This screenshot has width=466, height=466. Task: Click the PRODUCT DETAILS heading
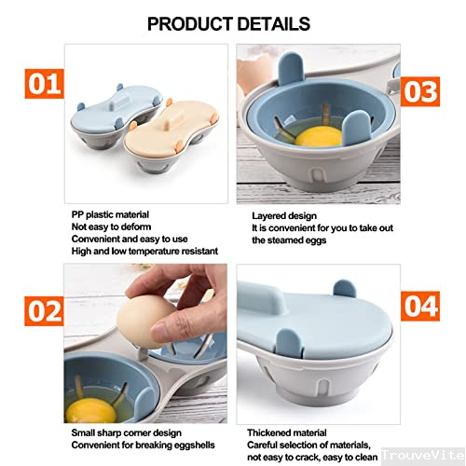(228, 22)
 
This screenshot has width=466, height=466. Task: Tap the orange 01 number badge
(38, 84)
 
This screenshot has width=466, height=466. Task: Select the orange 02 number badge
(38, 310)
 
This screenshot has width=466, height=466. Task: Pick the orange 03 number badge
(422, 90)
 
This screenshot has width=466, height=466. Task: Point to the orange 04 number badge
(422, 304)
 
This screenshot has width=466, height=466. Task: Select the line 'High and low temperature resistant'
(144, 251)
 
